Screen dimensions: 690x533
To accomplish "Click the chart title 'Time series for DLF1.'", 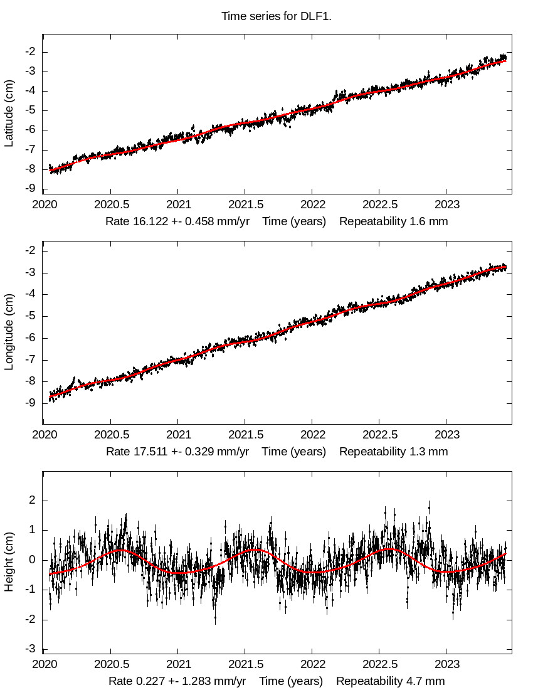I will (276, 16).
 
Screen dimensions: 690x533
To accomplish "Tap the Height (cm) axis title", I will (9, 565).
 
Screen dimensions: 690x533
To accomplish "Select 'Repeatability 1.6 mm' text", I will (394, 221).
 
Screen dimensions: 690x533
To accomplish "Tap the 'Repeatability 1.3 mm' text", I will (394, 451).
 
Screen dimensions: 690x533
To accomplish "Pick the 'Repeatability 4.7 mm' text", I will (390, 681).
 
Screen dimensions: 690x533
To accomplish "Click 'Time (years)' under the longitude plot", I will (294, 451).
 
